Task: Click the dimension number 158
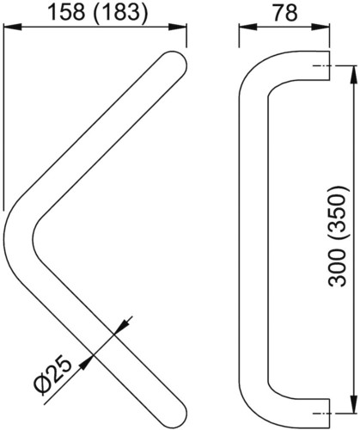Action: [67, 13]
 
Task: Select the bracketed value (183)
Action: [120, 13]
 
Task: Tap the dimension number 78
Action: [285, 13]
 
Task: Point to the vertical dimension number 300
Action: [337, 267]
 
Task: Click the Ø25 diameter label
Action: [53, 376]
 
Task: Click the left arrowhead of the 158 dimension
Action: [13, 28]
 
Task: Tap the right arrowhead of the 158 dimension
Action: [178, 28]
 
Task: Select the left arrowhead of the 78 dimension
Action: [248, 28]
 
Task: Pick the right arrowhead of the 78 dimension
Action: [320, 28]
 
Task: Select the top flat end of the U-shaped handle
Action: [329, 65]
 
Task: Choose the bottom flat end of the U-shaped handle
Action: [329, 413]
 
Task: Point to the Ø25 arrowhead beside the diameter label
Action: [86, 363]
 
